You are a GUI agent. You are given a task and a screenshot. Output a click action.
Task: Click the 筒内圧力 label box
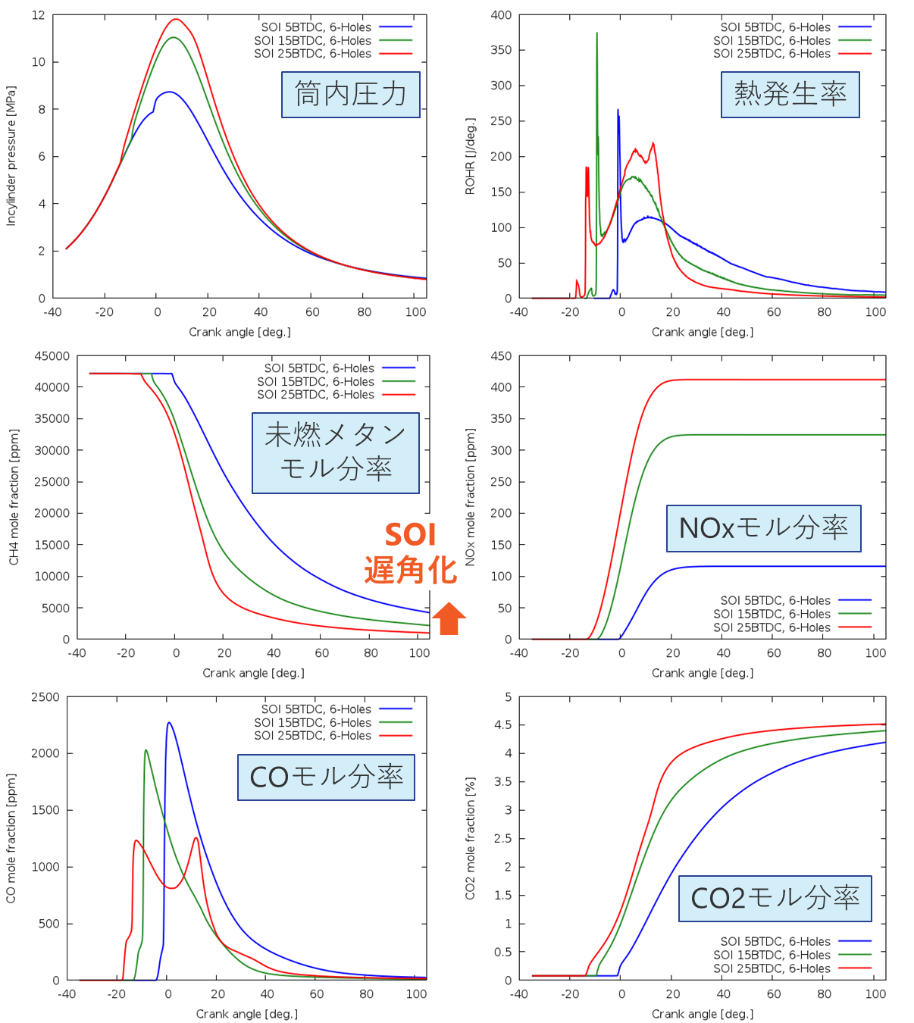click(x=350, y=95)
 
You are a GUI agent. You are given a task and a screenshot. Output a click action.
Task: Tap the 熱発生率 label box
click(x=790, y=95)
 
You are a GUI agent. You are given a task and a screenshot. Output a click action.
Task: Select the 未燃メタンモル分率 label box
click(x=335, y=452)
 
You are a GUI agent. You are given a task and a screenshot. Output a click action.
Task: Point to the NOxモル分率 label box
click(x=763, y=528)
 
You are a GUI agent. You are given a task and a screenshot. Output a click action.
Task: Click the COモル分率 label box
click(x=326, y=777)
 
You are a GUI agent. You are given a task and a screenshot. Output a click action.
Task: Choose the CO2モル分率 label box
click(x=775, y=899)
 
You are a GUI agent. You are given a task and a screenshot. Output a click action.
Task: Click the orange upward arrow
click(x=449, y=618)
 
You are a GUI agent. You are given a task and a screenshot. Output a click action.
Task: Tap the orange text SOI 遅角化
click(x=410, y=553)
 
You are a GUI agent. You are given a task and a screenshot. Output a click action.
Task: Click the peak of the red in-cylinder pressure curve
click(x=176, y=20)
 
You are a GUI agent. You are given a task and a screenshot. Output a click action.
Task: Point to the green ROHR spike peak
click(x=596, y=33)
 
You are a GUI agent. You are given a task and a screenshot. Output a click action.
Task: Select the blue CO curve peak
click(x=168, y=723)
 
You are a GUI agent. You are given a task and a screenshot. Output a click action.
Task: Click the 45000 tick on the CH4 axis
click(x=52, y=356)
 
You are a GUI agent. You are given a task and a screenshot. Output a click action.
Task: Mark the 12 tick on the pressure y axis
click(x=38, y=15)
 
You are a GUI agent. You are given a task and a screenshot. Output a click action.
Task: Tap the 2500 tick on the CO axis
click(x=45, y=697)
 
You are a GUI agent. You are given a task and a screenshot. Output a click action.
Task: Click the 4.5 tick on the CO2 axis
click(x=502, y=725)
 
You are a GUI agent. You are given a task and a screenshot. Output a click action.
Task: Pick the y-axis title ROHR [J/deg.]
click(x=470, y=156)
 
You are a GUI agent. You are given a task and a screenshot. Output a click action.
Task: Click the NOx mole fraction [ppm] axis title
click(x=470, y=497)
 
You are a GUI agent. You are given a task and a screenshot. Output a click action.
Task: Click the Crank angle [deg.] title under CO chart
click(x=246, y=1014)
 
